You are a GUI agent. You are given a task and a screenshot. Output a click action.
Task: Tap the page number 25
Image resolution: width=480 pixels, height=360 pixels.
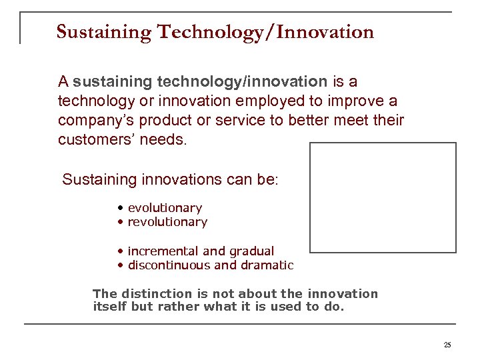click(x=447, y=345)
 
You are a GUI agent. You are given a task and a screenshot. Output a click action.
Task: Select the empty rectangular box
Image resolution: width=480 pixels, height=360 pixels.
click(x=383, y=197)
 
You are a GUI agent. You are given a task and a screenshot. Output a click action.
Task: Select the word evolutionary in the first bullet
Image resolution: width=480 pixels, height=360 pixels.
click(x=165, y=208)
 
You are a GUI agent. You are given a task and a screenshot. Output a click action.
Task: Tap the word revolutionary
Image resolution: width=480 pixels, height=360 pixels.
click(x=167, y=222)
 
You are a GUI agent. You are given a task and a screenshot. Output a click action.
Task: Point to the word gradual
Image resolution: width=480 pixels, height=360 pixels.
click(x=251, y=251)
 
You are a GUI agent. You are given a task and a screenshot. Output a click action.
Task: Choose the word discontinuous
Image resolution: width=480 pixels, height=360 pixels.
click(x=169, y=265)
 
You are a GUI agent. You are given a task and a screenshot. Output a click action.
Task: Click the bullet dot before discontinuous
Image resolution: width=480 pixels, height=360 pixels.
click(x=119, y=265)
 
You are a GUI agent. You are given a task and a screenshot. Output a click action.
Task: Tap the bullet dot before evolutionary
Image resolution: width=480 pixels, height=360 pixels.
click(x=119, y=208)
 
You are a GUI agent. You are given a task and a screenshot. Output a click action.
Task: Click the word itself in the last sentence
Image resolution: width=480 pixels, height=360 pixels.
click(x=111, y=307)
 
